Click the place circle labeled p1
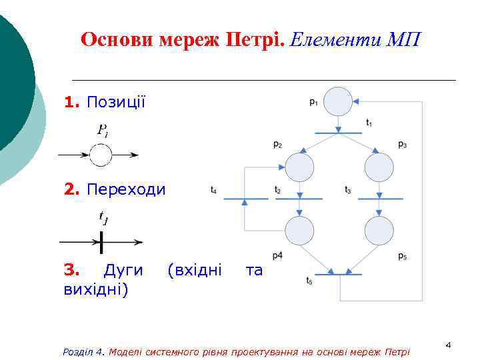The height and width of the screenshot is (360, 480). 338,101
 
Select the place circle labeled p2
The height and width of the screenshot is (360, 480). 299,167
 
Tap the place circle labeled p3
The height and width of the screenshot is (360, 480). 379,167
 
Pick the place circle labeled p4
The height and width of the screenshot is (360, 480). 299,231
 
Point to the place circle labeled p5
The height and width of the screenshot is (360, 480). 379,231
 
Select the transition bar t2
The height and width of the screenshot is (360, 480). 299,199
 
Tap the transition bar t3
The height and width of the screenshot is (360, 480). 380,199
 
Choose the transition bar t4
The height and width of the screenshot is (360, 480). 245,199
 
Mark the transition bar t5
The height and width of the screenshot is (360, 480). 339,274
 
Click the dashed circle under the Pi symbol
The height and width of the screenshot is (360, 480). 101,155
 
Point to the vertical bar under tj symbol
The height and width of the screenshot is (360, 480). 101,241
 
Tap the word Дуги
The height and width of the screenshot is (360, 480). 123,270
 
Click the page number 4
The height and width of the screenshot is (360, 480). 448,345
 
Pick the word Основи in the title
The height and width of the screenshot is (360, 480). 117,40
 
